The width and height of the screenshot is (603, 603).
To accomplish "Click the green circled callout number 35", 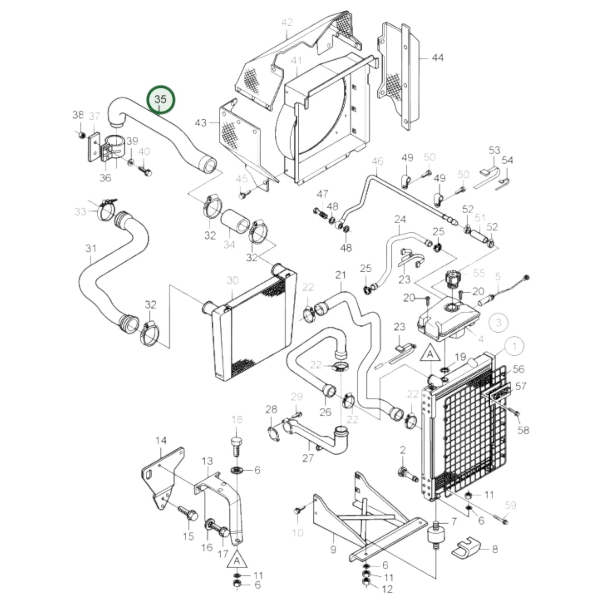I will coord(161,100).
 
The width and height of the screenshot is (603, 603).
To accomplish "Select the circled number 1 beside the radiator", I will coord(514,346).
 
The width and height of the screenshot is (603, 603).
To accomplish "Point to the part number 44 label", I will coord(437,58).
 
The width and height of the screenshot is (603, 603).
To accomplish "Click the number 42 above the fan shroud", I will coord(287,23).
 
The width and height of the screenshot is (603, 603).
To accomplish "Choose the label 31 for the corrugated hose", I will coord(91,249).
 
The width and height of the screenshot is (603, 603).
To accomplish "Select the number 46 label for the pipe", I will coord(377,161).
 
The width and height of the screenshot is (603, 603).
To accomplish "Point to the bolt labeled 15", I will coord(187,514).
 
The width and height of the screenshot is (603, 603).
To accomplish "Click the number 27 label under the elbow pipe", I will coord(308,458).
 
